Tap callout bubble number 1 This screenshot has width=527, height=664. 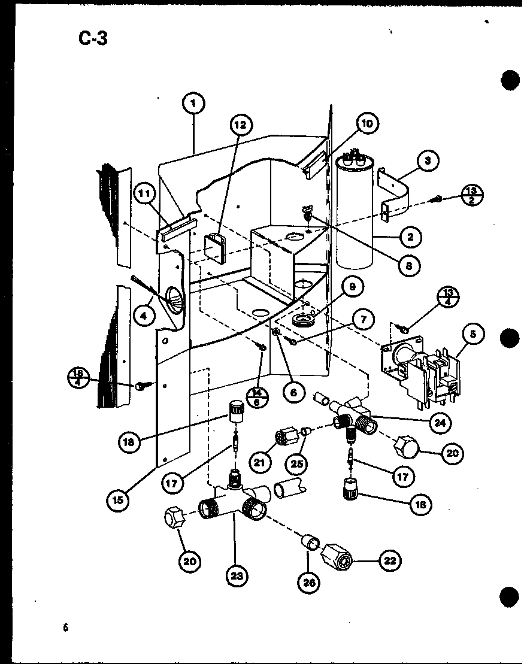193,104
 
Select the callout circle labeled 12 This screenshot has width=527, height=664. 240,125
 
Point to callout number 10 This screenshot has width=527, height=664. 367,123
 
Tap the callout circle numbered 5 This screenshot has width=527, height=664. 473,335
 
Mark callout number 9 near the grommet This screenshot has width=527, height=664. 352,287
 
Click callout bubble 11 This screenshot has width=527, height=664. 145,193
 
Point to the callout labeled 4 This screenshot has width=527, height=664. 144,315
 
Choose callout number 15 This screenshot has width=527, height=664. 120,499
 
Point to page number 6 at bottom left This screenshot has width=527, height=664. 64,627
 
